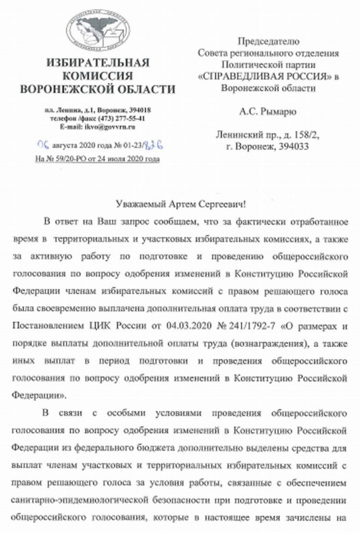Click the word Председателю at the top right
tap(268, 41)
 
